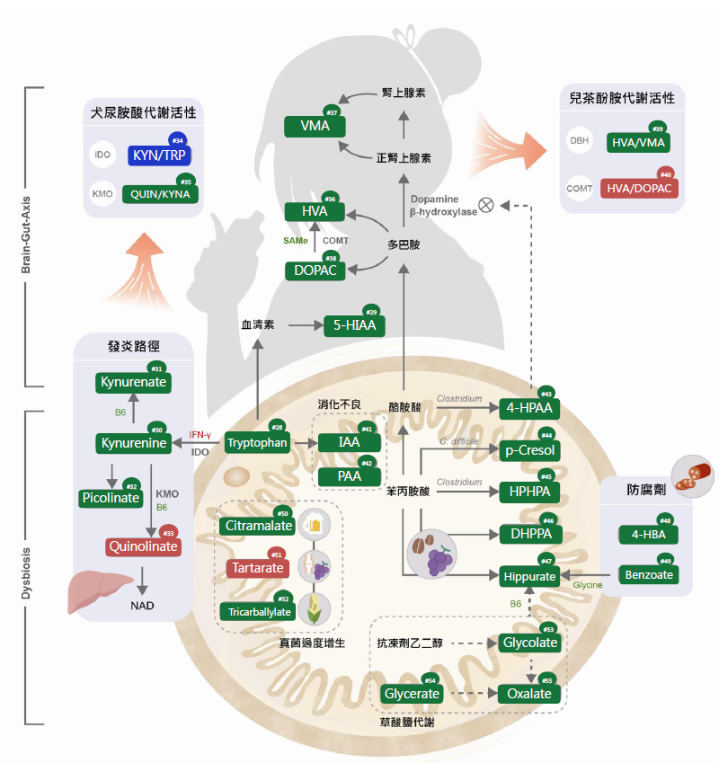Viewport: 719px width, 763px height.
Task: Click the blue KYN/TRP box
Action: coord(159,155)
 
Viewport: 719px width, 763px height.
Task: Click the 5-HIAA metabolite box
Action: coord(356,325)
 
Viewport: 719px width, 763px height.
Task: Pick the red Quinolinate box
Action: coord(144,546)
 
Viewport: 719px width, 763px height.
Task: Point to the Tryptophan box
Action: coord(257,443)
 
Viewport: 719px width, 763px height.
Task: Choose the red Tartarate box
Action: coord(255,568)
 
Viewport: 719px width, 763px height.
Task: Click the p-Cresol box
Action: coord(530,449)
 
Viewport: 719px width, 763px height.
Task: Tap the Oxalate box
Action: coord(529,694)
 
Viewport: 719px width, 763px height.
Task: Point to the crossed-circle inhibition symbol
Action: coord(486,205)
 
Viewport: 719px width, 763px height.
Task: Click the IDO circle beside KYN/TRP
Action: coord(102,155)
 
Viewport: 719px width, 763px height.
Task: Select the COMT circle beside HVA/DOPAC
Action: coord(580,189)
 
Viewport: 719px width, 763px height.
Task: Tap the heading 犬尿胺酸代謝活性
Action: coord(144,114)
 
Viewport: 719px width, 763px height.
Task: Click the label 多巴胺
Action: coord(404,244)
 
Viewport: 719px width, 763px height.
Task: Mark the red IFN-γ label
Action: coord(200,435)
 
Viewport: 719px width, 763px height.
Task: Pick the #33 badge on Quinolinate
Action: coord(168,532)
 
